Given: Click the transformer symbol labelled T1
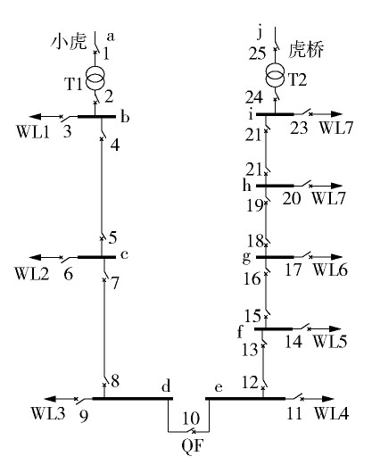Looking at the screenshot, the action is tap(95, 79).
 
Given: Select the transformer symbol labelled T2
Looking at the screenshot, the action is tap(275, 76).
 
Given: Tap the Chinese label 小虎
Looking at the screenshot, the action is tap(69, 42).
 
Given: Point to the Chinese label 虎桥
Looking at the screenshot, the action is tap(306, 50).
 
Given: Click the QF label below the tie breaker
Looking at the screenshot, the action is tap(193, 445).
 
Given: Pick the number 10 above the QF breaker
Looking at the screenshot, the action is tap(191, 419).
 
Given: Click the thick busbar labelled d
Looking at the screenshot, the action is tap(132, 398).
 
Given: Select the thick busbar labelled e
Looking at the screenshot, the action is tap(245, 398).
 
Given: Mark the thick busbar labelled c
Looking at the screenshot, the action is tap(96, 257).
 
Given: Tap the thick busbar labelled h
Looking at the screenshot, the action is tap(275, 186).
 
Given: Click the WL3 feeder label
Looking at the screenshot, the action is tap(48, 413).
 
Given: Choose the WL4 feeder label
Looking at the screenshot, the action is tap(331, 413).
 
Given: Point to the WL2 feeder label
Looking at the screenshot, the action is tap(31, 274).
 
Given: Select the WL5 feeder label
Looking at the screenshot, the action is tap(330, 341).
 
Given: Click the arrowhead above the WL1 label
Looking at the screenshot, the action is tap(35, 116).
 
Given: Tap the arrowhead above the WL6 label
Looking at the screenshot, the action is tap(336, 257).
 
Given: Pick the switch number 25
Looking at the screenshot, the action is tap(257, 54).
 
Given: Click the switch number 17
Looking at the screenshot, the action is tap(293, 270).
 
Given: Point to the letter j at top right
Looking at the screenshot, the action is tap(260, 33).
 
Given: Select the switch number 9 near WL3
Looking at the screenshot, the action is tap(84, 416).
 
